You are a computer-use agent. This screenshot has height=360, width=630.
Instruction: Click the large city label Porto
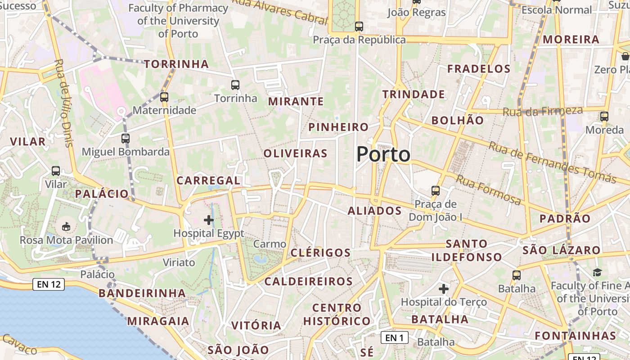pos(383,154)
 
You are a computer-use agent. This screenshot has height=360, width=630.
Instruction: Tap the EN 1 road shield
pos(395,337)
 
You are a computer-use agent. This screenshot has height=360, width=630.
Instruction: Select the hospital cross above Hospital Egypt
pos(209,220)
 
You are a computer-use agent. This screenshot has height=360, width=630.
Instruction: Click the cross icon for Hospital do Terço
pos(444,288)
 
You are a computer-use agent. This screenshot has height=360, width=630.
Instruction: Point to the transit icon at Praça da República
pos(359,27)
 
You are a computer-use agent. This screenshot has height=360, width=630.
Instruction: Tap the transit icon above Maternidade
pos(164,97)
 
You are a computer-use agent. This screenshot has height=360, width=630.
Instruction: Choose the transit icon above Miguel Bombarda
pos(126,138)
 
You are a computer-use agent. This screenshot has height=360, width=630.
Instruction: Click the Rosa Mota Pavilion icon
pos(66,226)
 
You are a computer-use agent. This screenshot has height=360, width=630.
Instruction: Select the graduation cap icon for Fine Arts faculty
pos(597,272)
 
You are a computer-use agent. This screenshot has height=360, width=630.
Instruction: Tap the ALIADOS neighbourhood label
pos(375,211)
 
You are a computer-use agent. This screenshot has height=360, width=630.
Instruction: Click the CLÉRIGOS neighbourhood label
pos(320,252)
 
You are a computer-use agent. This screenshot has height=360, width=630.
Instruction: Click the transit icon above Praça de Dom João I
pos(435,190)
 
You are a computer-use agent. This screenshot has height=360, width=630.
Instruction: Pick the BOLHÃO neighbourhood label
pos(458,120)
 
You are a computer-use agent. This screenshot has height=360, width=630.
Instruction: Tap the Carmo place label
pos(270,244)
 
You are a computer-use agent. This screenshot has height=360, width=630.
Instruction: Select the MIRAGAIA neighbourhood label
pos(158,321)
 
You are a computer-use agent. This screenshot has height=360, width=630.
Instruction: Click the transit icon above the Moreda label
pos(604,116)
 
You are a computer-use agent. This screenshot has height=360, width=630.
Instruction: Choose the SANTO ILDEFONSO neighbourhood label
pos(467,250)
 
